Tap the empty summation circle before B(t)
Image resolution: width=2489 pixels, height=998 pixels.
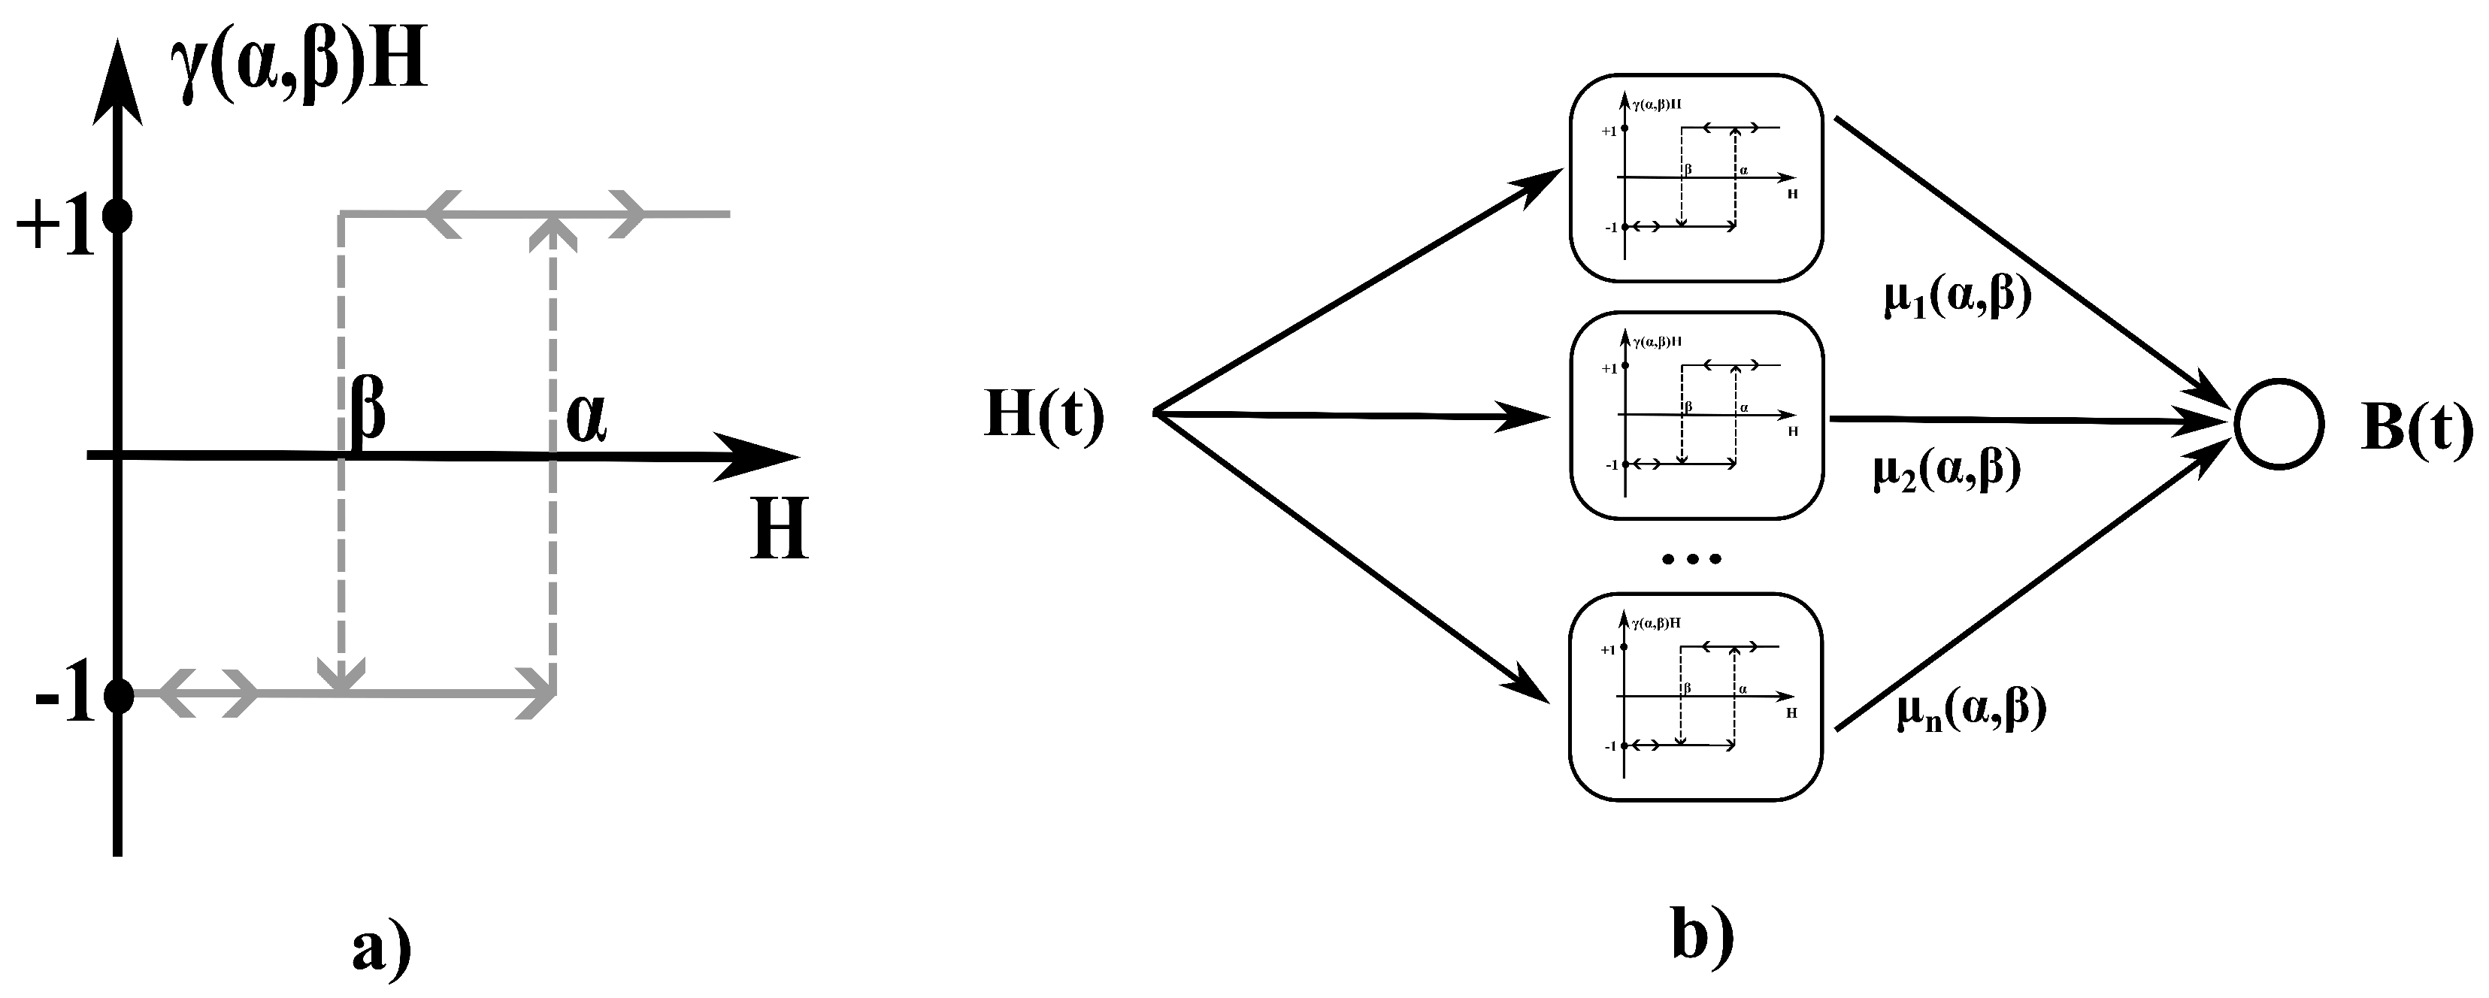pyautogui.click(x=2279, y=424)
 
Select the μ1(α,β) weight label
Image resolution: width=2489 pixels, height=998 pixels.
pyautogui.click(x=1958, y=298)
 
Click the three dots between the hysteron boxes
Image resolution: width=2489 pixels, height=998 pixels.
pyautogui.click(x=1691, y=558)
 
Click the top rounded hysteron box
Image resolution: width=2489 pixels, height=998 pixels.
pyautogui.click(x=1696, y=178)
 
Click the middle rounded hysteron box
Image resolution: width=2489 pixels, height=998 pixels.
pyautogui.click(x=1696, y=416)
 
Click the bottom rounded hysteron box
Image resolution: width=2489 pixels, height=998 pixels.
pyautogui.click(x=1696, y=697)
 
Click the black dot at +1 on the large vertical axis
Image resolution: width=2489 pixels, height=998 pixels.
pyautogui.click(x=118, y=216)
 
